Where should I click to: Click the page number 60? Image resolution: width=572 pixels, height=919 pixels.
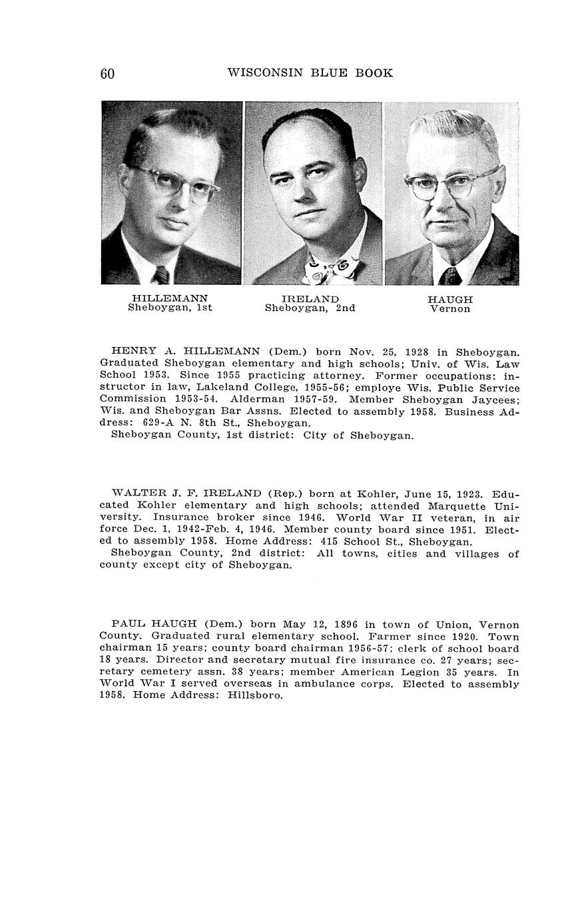[x=107, y=74]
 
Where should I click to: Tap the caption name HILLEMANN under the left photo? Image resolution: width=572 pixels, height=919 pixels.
[x=170, y=298]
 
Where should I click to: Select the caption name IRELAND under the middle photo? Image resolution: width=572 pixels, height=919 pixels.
[x=310, y=299]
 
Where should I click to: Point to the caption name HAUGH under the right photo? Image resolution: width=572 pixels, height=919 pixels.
[x=450, y=300]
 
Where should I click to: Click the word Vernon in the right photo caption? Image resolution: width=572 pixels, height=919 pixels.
[x=450, y=309]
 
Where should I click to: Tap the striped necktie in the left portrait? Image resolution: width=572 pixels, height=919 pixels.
[x=162, y=274]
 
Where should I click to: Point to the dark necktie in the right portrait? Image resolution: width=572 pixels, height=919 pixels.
[x=450, y=275]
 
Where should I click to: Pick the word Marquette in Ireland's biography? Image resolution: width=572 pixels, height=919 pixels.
[x=455, y=505]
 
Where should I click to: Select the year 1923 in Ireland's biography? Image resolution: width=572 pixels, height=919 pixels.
[x=469, y=494]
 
